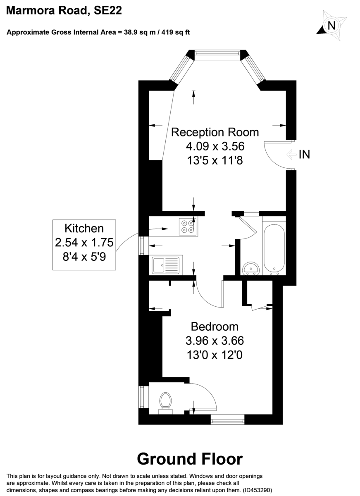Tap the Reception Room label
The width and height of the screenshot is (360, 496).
pos(215,132)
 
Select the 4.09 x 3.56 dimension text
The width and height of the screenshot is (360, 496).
pos(215,146)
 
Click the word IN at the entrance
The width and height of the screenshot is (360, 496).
pos(305,155)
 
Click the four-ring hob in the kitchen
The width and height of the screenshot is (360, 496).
pos(188,227)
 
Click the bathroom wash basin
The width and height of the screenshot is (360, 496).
pos(251,269)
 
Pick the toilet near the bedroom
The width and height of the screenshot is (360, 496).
pos(165,402)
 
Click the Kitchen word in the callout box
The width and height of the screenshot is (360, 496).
pos(84,228)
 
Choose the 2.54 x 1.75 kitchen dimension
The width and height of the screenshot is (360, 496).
pos(84,242)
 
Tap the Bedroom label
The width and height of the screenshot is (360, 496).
pos(215,327)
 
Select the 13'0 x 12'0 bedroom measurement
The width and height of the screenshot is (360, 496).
pos(215,355)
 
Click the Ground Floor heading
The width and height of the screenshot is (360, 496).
pos(190,459)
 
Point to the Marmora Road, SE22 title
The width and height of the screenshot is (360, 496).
pos(64,12)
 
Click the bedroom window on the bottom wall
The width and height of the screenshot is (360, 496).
pos(227,421)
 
